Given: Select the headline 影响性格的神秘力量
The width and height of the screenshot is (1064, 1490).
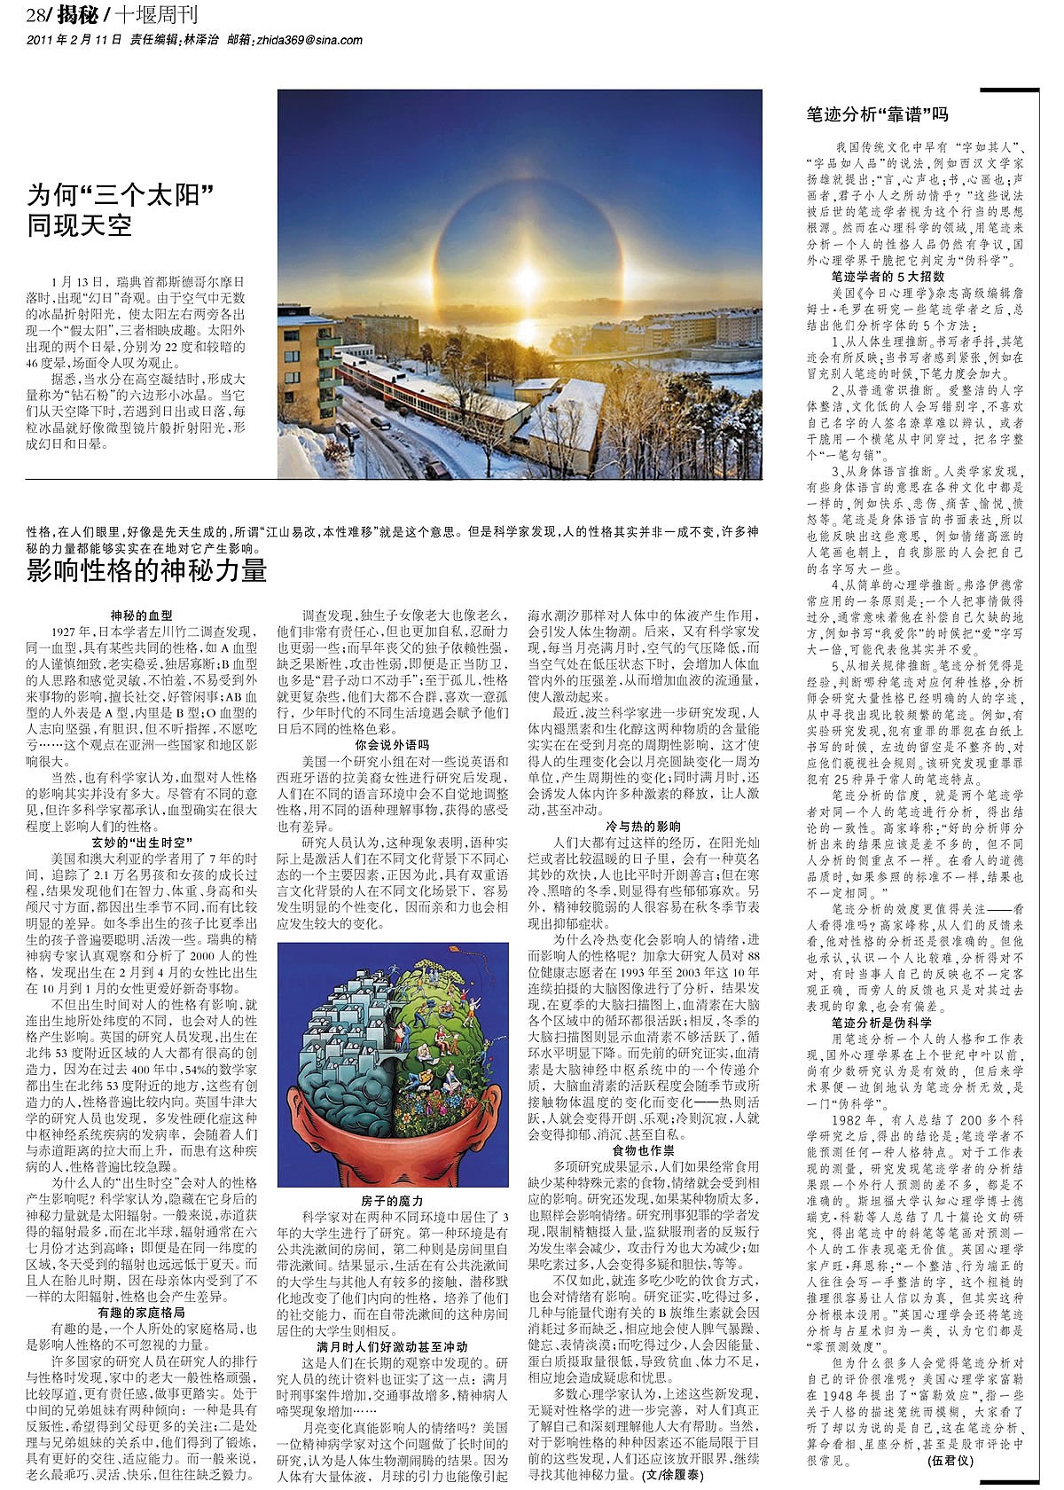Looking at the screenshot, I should click(x=147, y=570).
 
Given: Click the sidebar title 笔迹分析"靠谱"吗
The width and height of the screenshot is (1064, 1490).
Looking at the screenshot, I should click(x=877, y=114).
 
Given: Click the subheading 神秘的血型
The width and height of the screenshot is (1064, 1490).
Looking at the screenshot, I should click(x=141, y=615).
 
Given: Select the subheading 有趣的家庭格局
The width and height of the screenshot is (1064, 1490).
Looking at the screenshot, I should click(x=141, y=1311).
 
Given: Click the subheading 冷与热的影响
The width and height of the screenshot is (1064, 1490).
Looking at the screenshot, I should click(x=643, y=826).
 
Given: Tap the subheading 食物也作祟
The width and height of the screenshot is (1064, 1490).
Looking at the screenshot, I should click(x=643, y=1149).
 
